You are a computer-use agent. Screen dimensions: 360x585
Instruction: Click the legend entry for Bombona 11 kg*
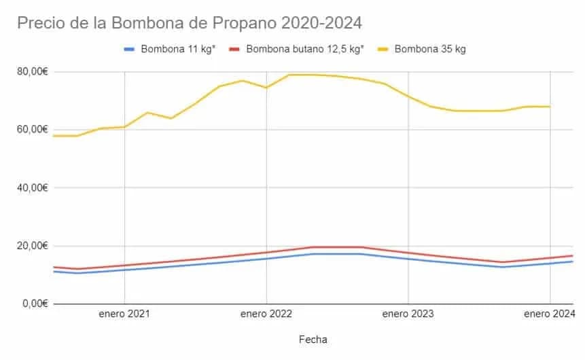tap(178, 49)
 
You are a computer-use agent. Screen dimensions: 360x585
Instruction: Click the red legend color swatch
tap(234, 49)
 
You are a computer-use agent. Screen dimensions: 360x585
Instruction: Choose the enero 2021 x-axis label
tap(124, 314)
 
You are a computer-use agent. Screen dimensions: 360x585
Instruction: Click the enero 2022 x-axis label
tap(266, 314)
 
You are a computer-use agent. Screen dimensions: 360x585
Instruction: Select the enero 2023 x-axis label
tap(408, 314)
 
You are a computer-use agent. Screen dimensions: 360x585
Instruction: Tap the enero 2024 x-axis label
tap(549, 314)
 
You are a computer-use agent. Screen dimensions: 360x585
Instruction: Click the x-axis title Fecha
tap(313, 338)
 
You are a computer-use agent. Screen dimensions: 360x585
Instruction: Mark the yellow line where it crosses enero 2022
tap(266, 87)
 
